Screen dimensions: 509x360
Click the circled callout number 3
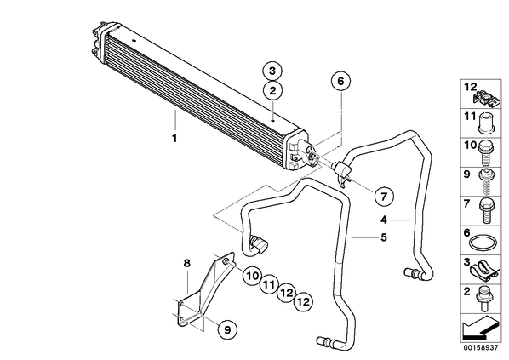coord(272,71)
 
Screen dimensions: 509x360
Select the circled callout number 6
coord(340,81)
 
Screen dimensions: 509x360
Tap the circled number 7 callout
coord(384,196)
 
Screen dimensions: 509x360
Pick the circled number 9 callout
coord(227,329)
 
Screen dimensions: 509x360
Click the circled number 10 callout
coord(252,277)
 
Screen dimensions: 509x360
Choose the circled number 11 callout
coord(269,285)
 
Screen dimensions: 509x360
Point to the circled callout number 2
coord(272,90)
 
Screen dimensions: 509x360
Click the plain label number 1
coord(174,138)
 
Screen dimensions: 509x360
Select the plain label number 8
coord(187,263)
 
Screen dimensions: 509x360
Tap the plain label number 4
coord(384,220)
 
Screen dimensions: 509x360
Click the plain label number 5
coord(384,237)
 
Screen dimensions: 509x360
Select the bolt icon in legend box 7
coord(486,211)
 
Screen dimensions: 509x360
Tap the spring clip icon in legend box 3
coord(483,271)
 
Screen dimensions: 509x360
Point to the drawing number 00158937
coord(480,348)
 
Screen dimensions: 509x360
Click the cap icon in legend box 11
coord(486,123)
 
